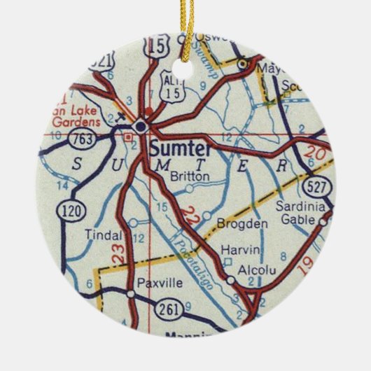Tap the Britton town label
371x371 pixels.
[188, 176]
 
